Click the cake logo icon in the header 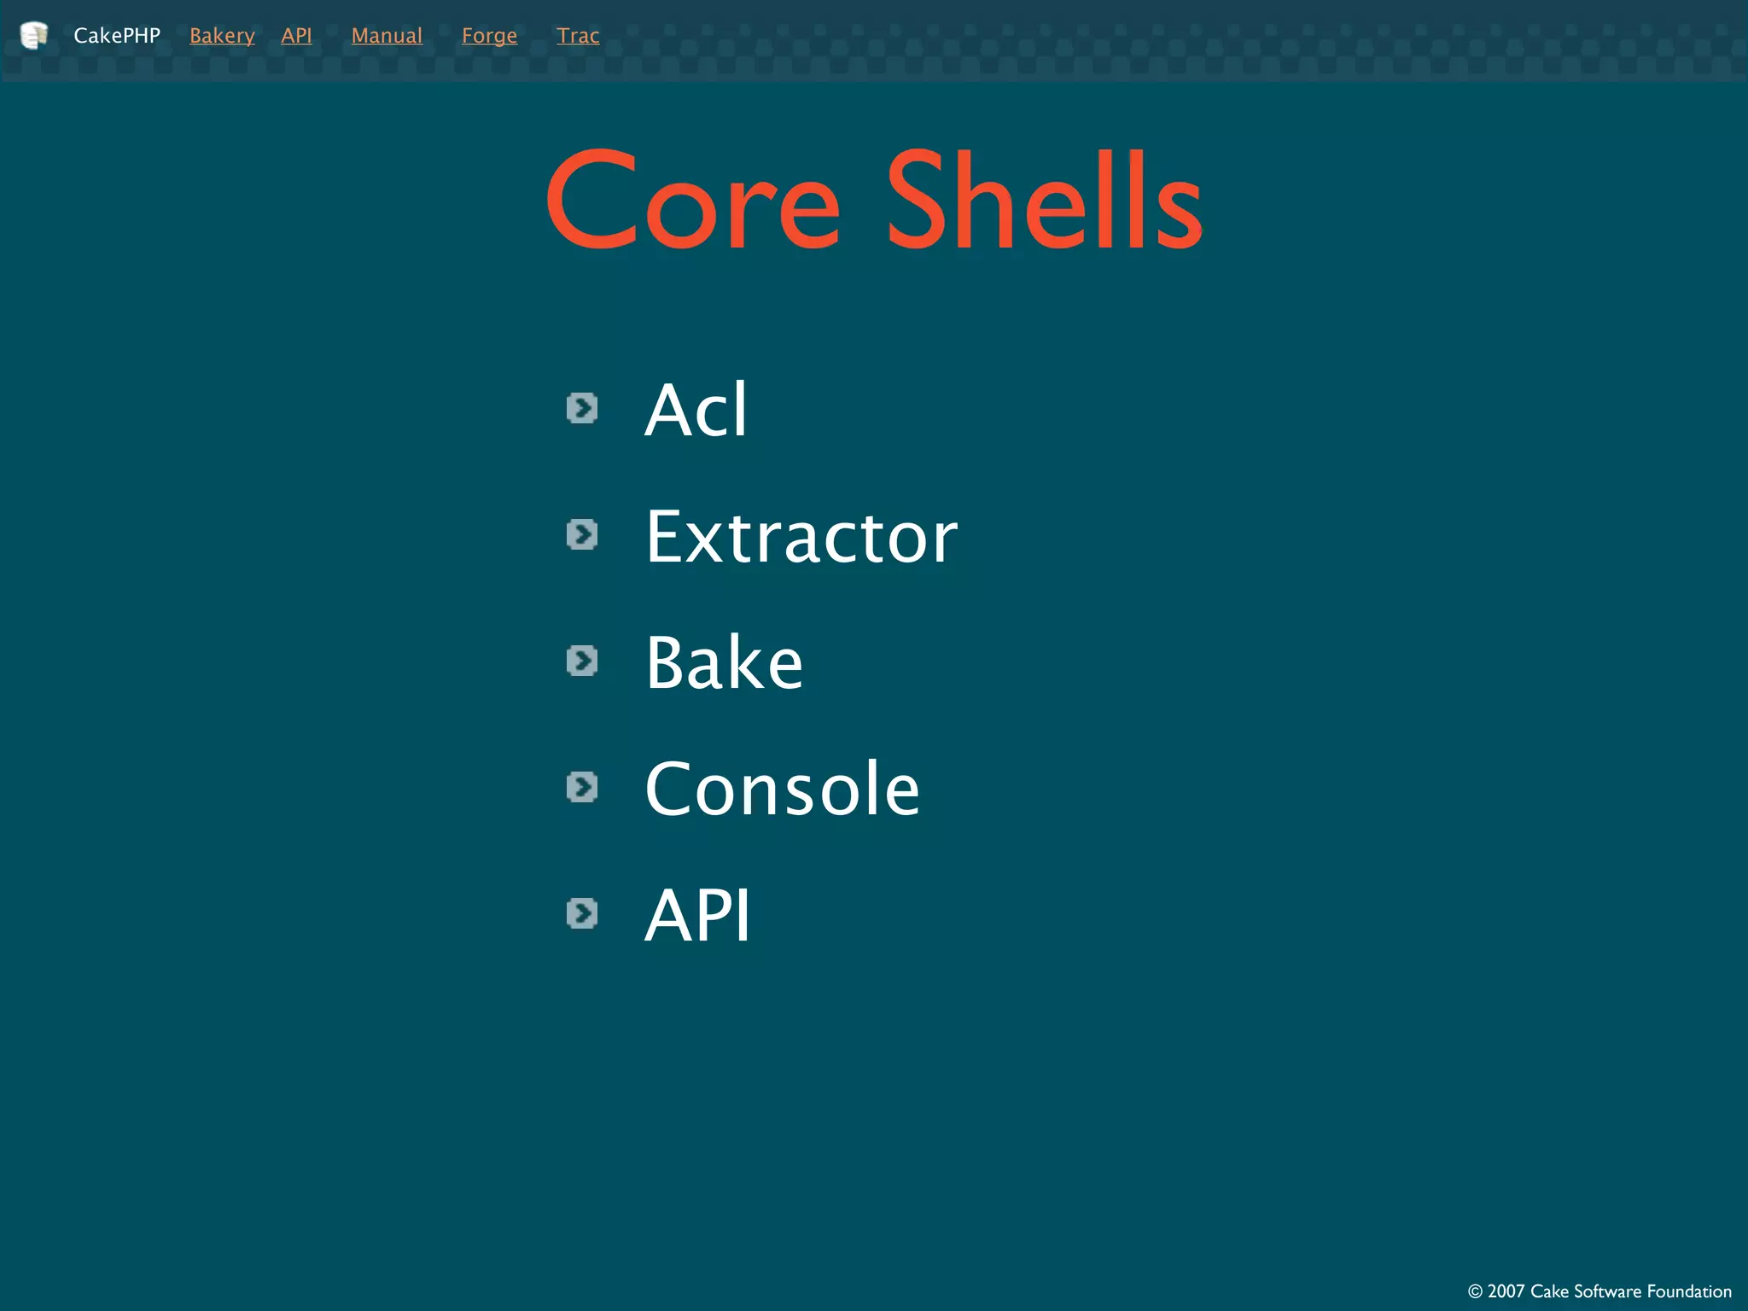[x=33, y=35]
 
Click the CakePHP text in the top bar [x=117, y=36]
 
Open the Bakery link [x=222, y=36]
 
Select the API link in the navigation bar [x=296, y=36]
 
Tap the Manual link [x=387, y=36]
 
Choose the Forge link [x=489, y=36]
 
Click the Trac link [x=578, y=36]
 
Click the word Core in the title [x=693, y=201]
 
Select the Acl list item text [x=696, y=410]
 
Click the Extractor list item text [x=801, y=537]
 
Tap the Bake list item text [x=724, y=662]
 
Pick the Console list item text [x=782, y=789]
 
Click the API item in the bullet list [x=697, y=915]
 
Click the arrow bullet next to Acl [x=582, y=409]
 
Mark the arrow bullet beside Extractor [x=582, y=535]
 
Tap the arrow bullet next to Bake [x=582, y=661]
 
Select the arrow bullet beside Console [x=582, y=787]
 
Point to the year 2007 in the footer [x=1506, y=1291]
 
